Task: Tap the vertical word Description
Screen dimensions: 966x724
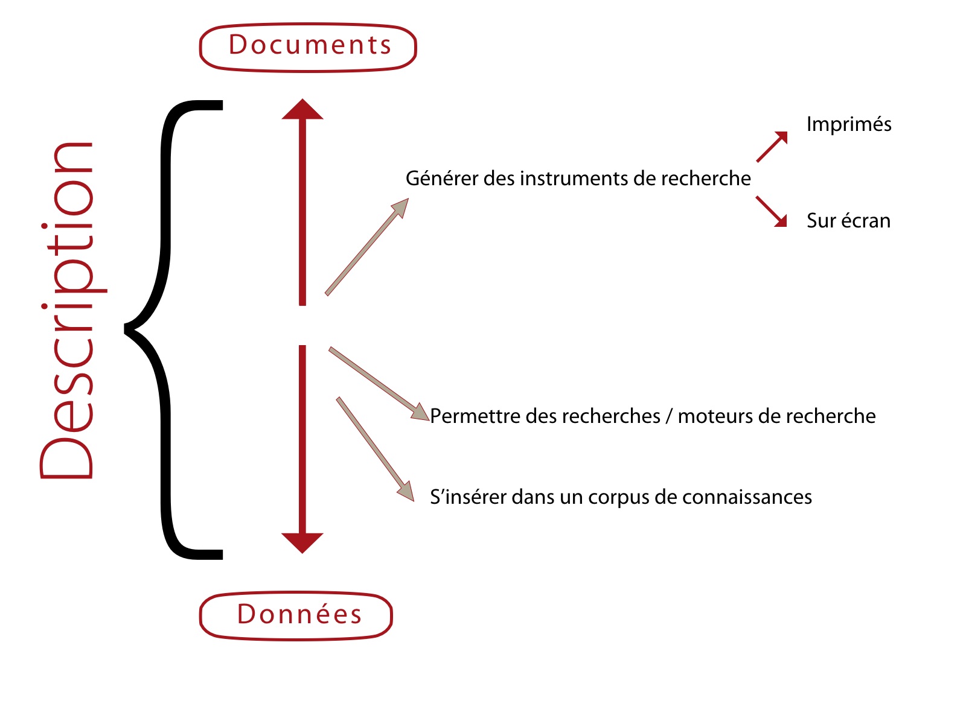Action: [x=72, y=310]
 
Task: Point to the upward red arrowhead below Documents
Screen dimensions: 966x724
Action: [x=302, y=109]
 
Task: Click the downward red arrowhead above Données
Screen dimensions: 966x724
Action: [x=302, y=543]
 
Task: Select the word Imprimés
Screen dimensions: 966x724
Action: [x=849, y=124]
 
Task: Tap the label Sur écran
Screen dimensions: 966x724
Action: [x=848, y=220]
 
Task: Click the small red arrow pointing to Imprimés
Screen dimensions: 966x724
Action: [x=772, y=147]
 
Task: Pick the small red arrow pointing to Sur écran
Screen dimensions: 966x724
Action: [x=772, y=211]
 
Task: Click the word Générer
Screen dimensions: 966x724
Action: [x=442, y=178]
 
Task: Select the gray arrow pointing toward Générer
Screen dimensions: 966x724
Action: [x=367, y=247]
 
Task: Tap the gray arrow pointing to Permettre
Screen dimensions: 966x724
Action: [x=379, y=384]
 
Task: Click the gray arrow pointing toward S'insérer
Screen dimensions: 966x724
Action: [x=376, y=449]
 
